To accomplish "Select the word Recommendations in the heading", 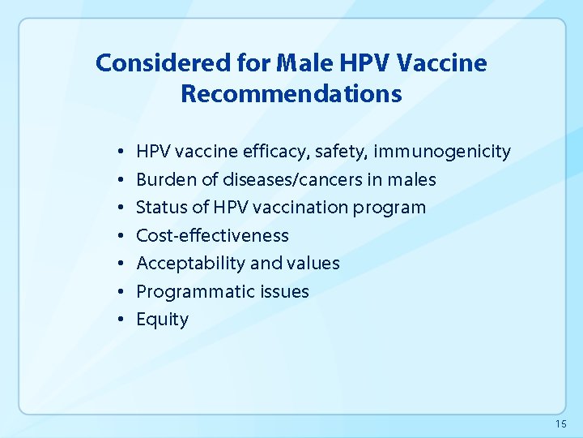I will pyautogui.click(x=291, y=94).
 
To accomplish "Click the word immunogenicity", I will pyautogui.click(x=442, y=152).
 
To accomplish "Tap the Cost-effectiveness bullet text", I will pyautogui.click(x=212, y=236).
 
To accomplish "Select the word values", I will pyautogui.click(x=313, y=264).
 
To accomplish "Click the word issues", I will pyautogui.click(x=284, y=292).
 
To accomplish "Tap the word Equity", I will pyautogui.click(x=162, y=320).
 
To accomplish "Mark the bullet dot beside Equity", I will pyautogui.click(x=119, y=320).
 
